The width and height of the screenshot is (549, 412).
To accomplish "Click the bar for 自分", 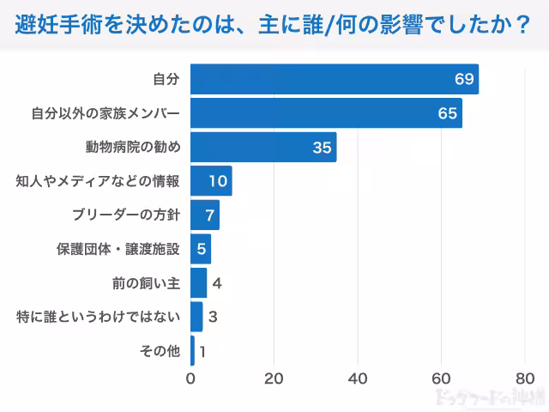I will coord(335,79).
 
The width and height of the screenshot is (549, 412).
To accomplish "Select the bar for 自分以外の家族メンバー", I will coord(326,113).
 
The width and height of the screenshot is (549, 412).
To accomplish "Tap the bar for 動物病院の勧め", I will coord(263,147).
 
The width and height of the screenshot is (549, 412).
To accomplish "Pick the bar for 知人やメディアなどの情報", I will coord(211,181).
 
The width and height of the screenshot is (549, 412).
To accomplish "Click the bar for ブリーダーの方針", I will coord(205,215).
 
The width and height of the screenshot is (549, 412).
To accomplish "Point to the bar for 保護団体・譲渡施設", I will coord(201,249).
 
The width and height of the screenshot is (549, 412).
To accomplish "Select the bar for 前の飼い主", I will coord(198,282).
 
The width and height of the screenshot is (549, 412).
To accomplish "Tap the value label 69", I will coord(464,80).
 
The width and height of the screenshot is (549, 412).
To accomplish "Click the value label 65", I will coord(448,113).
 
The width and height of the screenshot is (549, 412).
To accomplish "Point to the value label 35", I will coord(322,148).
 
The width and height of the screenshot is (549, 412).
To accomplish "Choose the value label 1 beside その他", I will coord(202,351).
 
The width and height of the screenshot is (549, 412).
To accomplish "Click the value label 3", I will coord(212,317).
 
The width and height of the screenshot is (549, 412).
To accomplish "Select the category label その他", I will coord(160,350).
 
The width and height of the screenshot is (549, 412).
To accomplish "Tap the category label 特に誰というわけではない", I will coord(99,317).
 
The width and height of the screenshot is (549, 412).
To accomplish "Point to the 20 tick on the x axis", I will coord(274,379).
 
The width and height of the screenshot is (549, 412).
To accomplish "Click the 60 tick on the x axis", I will coord(441,379).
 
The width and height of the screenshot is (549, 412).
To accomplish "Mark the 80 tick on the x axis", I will coord(524,379).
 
